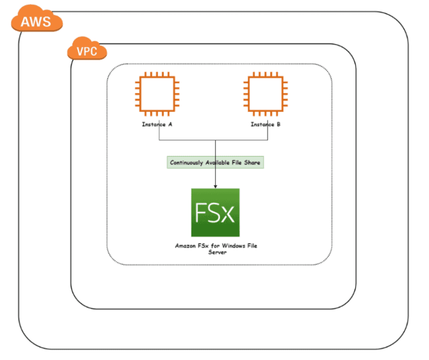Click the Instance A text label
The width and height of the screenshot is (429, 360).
[157, 124]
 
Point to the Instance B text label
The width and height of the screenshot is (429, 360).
[265, 124]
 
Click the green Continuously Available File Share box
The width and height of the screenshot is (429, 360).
[215, 163]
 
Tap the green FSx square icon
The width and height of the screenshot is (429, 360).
[215, 213]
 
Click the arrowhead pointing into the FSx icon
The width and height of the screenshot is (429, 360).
[215, 186]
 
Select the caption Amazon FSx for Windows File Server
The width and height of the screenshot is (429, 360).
[215, 249]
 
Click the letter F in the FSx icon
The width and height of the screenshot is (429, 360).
[201, 213]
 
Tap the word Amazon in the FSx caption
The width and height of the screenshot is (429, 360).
[185, 246]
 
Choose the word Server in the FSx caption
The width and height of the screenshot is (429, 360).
[215, 252]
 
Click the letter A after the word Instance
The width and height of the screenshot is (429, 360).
[170, 124]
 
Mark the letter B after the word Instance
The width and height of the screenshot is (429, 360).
[279, 124]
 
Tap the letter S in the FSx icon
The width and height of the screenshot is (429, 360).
[214, 213]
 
